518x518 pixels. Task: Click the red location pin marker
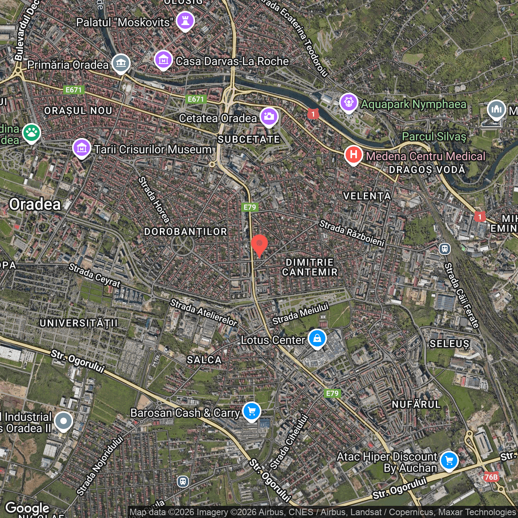coord(259,244)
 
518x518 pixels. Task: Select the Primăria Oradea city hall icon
coord(121,64)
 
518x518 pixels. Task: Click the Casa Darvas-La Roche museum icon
coord(163,60)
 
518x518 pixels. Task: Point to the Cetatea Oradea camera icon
coord(269,117)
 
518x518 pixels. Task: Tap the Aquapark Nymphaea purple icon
coord(348,102)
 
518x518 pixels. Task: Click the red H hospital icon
coord(353,155)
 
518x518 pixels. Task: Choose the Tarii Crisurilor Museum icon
coord(82,148)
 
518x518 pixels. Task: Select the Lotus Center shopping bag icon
coord(317,338)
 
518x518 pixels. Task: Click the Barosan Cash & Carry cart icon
coord(251,411)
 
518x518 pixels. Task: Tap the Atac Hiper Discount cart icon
coord(449,461)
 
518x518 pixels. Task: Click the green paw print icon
coord(32,133)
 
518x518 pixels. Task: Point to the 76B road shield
coord(491,477)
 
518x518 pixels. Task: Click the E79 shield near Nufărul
coord(332,393)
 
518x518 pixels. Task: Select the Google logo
coord(27,508)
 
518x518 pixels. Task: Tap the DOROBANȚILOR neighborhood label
coord(186,231)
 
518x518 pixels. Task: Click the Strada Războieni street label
coord(352,233)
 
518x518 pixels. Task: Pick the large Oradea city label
coord(35,204)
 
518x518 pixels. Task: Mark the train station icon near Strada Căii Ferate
coord(444,248)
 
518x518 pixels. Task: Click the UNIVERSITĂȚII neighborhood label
coord(79,323)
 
